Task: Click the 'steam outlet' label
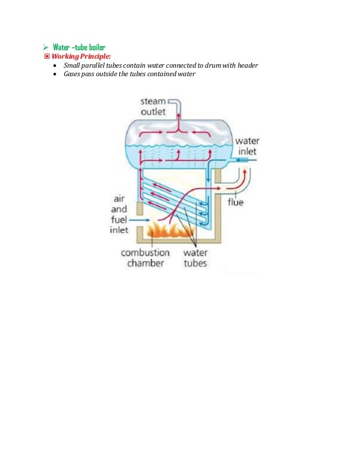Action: click(153, 107)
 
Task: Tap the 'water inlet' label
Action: click(247, 146)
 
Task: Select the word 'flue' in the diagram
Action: click(235, 201)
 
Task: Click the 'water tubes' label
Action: click(195, 258)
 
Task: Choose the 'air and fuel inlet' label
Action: click(119, 214)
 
